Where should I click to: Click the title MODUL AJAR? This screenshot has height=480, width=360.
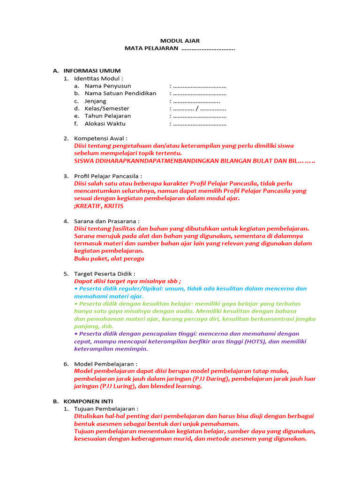click(x=180, y=41)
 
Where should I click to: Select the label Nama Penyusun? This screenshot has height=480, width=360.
click(x=108, y=86)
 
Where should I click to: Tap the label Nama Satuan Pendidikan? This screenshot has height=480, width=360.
click(x=120, y=93)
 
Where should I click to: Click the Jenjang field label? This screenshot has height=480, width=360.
click(x=95, y=101)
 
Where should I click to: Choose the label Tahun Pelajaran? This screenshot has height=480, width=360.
click(x=108, y=116)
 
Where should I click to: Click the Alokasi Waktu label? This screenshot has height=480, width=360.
click(x=105, y=124)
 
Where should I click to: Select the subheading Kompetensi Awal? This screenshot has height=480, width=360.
click(x=100, y=138)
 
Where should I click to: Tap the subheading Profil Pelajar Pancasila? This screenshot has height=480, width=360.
click(x=108, y=176)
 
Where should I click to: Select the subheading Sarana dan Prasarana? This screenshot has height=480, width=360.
click(x=106, y=221)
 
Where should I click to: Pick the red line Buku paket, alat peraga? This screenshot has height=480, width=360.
click(x=109, y=258)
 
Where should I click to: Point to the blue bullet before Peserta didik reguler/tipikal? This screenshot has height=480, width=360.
click(x=76, y=289)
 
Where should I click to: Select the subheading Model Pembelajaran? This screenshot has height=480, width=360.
click(x=105, y=364)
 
